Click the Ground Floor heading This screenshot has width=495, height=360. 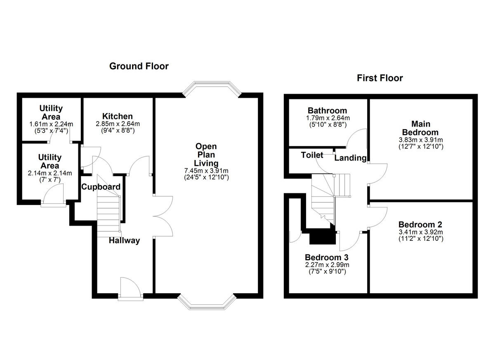pos(139,66)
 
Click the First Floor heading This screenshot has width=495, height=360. pos(379,78)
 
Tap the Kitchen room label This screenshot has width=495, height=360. pos(118,117)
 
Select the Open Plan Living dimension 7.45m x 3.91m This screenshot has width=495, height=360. pos(206,171)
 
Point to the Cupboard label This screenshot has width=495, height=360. pos(101,187)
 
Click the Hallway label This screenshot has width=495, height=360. pos(124,240)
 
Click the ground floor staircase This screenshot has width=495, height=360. pos(108,214)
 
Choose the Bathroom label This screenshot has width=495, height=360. pos(327,111)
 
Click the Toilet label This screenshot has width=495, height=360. pos(312,155)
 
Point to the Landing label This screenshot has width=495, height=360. pos(350,158)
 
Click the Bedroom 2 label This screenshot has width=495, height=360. pos(420,225)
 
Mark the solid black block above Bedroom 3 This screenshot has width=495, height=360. pos(322,237)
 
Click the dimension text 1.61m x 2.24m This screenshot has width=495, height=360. pos(51,124)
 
